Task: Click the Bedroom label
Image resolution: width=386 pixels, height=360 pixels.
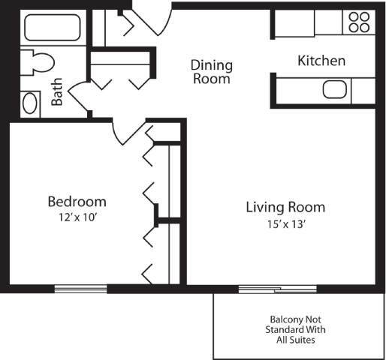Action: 77,202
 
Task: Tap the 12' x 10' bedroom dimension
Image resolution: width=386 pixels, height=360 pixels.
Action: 77,218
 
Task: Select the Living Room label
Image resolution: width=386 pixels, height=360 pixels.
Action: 285,207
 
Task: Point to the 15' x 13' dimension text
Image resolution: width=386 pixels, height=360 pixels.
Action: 285,223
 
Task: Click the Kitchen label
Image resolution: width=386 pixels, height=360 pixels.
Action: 321,61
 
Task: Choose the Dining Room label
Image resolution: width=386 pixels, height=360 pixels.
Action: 211,71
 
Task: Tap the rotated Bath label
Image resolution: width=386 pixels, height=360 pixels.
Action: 57,92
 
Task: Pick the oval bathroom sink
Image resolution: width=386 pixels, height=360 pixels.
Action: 30,103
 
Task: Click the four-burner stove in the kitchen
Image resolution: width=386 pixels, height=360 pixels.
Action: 358,22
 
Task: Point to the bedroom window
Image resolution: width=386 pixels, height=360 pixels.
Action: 80,289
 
